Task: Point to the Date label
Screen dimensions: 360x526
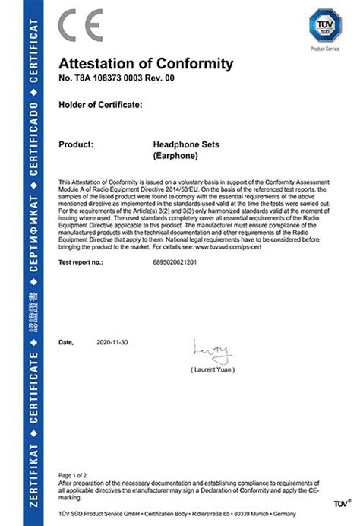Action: (x=66, y=343)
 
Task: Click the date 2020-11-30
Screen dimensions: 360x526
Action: (x=113, y=343)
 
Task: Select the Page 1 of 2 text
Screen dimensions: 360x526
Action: (x=74, y=474)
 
